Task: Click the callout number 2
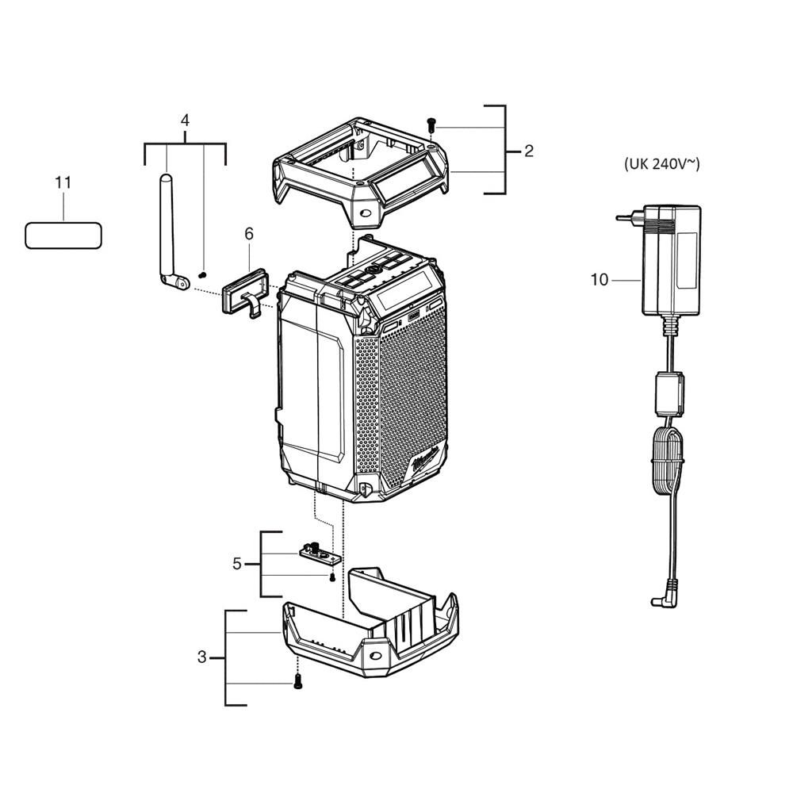[529, 151]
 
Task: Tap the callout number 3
[201, 657]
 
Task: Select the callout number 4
[185, 121]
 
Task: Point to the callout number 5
[236, 564]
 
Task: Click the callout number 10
[599, 279]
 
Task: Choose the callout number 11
[63, 182]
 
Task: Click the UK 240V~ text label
[662, 165]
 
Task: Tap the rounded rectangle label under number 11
[63, 235]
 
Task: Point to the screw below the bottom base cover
[298, 680]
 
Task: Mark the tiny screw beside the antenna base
[202, 274]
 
